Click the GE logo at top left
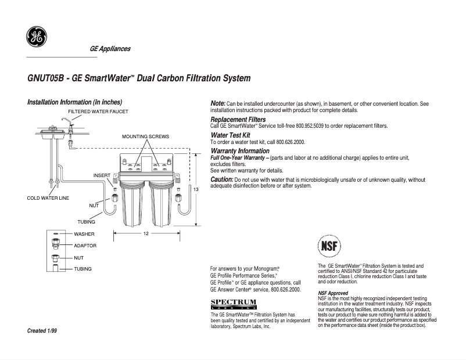click(36, 37)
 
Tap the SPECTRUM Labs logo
click(233, 304)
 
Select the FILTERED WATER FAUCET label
click(98, 111)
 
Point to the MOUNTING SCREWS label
click(145, 136)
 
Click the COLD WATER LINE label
click(48, 198)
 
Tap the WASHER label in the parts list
click(84, 234)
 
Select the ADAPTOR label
click(85, 246)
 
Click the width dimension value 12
click(146, 233)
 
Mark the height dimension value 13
click(196, 190)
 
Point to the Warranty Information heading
click(239, 151)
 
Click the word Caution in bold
click(221, 179)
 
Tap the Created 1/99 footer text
click(42, 330)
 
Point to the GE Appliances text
click(110, 49)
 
